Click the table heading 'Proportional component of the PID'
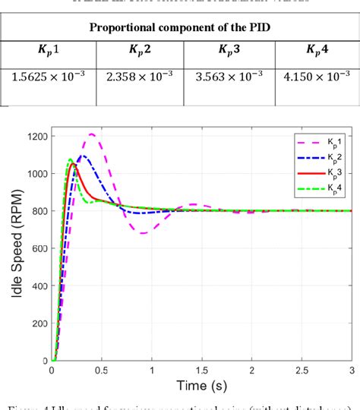tap(179, 28)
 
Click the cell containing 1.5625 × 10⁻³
tap(47, 77)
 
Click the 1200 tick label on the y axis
tap(36, 137)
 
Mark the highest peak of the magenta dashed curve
tap(92, 134)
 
